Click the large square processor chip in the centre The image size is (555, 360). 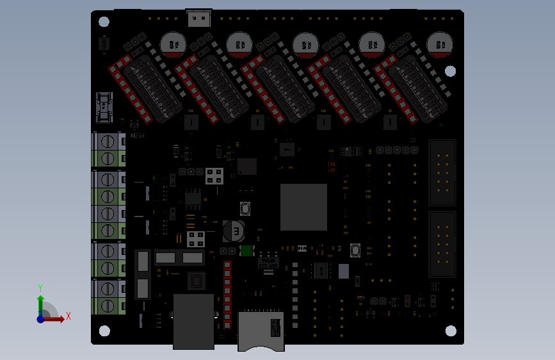[303, 207]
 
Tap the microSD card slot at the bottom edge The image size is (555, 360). [261, 330]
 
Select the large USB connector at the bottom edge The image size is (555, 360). [193, 321]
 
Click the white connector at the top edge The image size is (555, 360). [199, 19]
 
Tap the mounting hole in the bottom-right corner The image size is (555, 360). [451, 331]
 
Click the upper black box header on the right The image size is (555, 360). [442, 172]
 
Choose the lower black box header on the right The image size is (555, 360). [442, 244]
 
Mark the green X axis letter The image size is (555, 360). [68, 315]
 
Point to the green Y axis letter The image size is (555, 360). [40, 288]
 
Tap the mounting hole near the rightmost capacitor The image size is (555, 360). [450, 71]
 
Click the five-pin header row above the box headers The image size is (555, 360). [397, 150]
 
